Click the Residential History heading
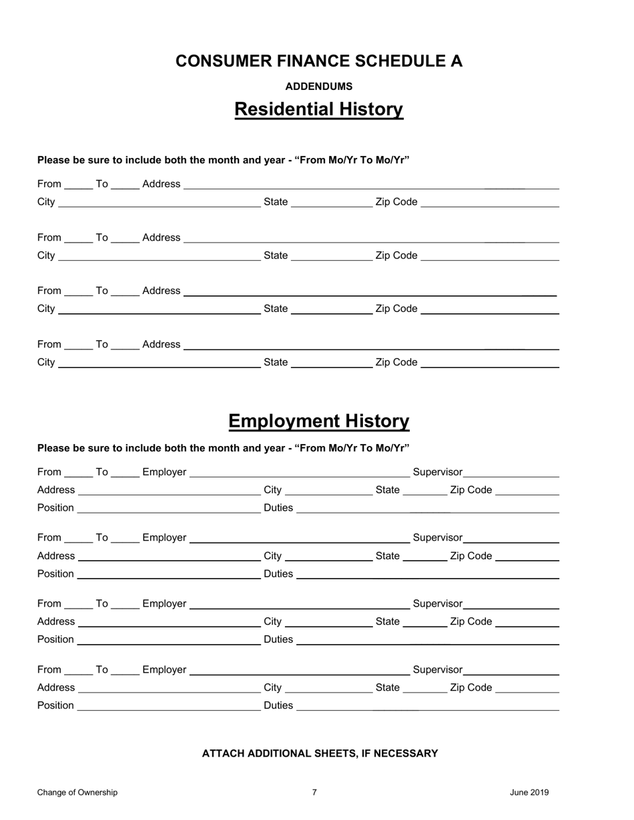pos(318,109)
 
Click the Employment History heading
pos(318,421)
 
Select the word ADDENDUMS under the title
pos(318,87)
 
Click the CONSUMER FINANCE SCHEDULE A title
pos(318,61)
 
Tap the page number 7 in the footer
pos(314,793)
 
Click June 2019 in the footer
pos(529,793)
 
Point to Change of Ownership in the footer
pos(77,793)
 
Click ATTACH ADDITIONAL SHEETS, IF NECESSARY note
pos(320,753)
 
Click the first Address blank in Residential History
pos(370,185)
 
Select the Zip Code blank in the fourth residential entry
pos(490,364)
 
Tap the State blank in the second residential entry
pos(332,257)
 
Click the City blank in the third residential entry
pos(159,310)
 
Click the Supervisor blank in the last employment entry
pos(511,671)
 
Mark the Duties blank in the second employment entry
pos(427,575)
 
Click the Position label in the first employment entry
pos(55,508)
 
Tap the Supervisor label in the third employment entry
pos(437,603)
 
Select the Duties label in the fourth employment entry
pos(278,705)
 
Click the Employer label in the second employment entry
pos(164,537)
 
